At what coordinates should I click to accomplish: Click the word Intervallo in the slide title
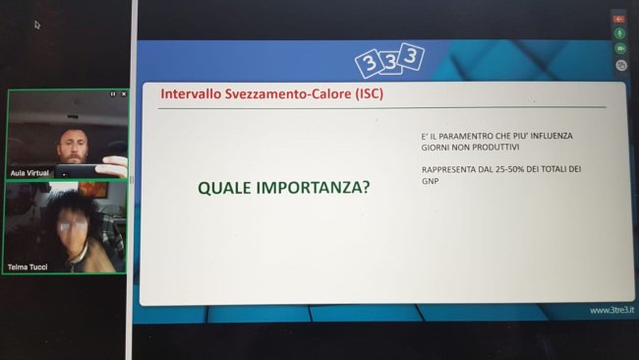click(x=192, y=94)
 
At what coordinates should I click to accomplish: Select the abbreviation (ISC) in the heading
click(x=363, y=94)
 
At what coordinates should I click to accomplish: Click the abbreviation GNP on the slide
click(x=430, y=181)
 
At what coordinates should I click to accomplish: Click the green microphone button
click(x=620, y=32)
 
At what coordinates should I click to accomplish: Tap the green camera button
click(x=620, y=48)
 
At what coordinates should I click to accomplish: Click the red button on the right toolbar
click(x=620, y=18)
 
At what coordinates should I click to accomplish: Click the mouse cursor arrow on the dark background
click(x=36, y=25)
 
